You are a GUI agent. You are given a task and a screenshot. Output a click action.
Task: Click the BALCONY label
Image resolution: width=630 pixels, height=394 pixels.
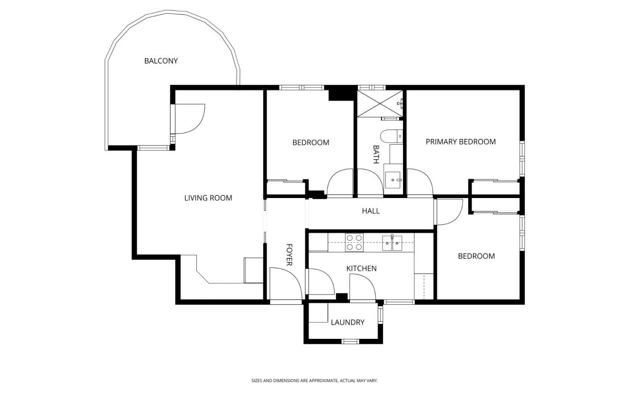161,61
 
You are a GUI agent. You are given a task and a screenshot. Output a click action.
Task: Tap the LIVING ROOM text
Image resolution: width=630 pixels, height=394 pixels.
208,198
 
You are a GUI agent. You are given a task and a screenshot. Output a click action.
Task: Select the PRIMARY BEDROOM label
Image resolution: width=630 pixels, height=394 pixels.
461,141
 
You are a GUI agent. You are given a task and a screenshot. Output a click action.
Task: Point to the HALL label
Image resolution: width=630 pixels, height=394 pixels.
371,211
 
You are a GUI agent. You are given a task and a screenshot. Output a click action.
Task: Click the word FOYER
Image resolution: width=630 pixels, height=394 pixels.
289,255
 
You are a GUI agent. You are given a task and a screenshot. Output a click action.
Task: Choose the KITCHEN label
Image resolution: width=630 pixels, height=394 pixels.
361,268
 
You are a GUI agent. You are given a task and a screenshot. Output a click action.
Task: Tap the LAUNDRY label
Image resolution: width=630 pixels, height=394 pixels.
347,322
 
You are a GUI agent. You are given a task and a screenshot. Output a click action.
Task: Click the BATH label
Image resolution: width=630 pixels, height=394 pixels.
376,154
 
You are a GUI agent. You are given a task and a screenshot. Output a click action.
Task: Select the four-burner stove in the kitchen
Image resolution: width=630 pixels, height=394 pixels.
354,242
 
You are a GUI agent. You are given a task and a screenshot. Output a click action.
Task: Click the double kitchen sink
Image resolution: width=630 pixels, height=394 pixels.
392,243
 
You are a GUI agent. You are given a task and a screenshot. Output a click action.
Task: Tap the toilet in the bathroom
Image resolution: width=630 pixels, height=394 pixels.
391,136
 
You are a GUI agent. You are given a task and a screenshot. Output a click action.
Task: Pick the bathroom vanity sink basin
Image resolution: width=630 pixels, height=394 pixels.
393,180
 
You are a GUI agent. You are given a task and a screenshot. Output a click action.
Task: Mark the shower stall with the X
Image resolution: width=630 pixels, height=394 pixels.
380,103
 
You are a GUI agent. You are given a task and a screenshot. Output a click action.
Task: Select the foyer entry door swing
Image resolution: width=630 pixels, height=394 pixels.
286,284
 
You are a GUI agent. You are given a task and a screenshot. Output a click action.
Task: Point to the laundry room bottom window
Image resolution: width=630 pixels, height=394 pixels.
350,341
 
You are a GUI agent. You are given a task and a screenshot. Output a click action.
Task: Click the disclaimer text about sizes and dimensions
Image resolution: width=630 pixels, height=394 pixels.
315,381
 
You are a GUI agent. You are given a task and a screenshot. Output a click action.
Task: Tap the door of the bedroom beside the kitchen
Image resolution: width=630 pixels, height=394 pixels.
448,212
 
